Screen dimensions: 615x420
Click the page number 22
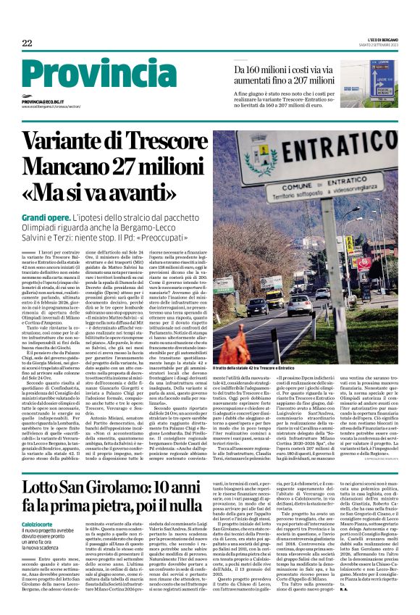point(27,43)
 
